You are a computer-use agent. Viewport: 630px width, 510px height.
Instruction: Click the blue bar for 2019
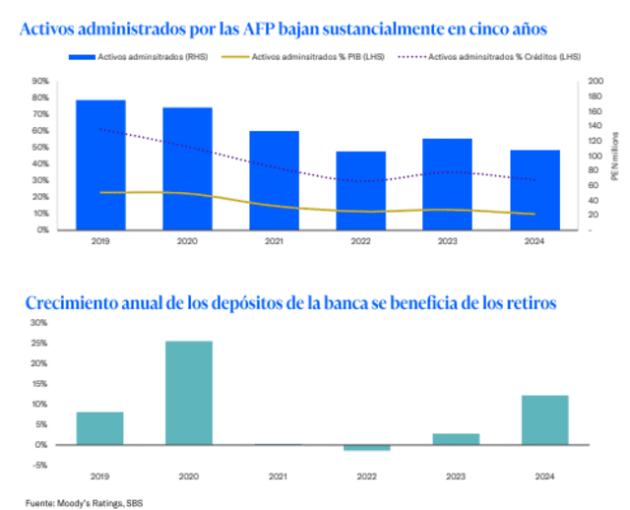coord(100,164)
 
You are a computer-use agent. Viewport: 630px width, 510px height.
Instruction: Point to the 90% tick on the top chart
coord(41,81)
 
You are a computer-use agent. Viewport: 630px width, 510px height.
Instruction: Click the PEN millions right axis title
coord(614,158)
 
